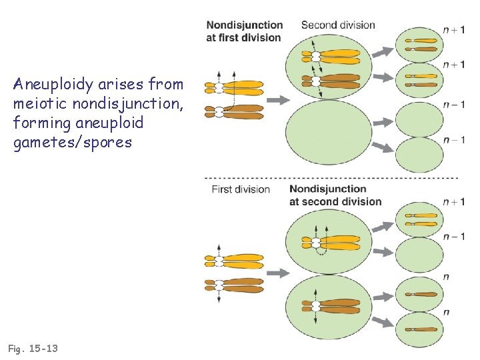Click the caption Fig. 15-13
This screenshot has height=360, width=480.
coord(33,348)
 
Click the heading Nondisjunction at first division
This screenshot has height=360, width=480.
coord(245,31)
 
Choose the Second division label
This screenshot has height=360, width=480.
coord(338,25)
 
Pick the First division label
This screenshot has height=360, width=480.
coord(241,189)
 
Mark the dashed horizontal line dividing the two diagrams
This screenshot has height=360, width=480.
coord(331,178)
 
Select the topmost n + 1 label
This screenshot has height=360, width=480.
coord(454,30)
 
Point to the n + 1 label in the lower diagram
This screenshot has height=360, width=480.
coord(454,202)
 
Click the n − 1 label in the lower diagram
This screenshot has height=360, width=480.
coord(454,237)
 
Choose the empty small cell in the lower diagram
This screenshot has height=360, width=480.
coord(419,255)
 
